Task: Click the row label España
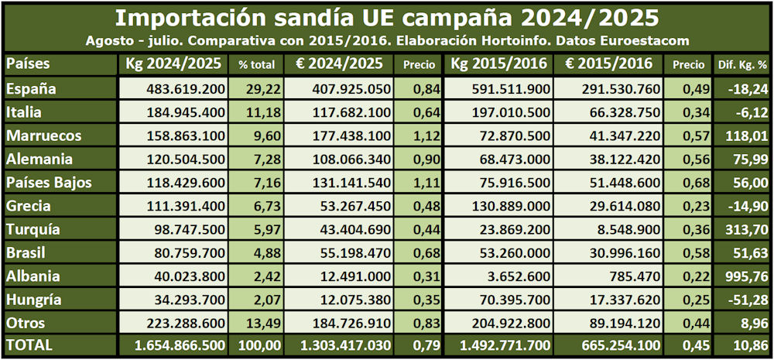pyautogui.click(x=32, y=89)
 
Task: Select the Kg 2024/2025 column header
pyautogui.click(x=175, y=63)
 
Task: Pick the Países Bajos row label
pyautogui.click(x=49, y=183)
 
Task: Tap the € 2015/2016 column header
pyautogui.click(x=608, y=63)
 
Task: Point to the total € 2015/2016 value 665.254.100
pyautogui.click(x=615, y=346)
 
